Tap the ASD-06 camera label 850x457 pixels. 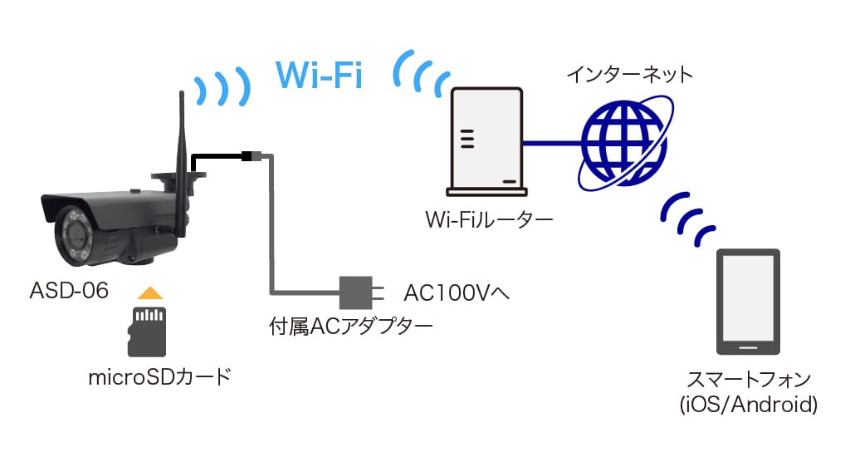pyautogui.click(x=69, y=291)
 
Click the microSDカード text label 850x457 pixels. pyautogui.click(x=159, y=377)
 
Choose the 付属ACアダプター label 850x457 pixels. pyautogui.click(x=350, y=325)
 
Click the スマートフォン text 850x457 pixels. pyautogui.click(x=749, y=381)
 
